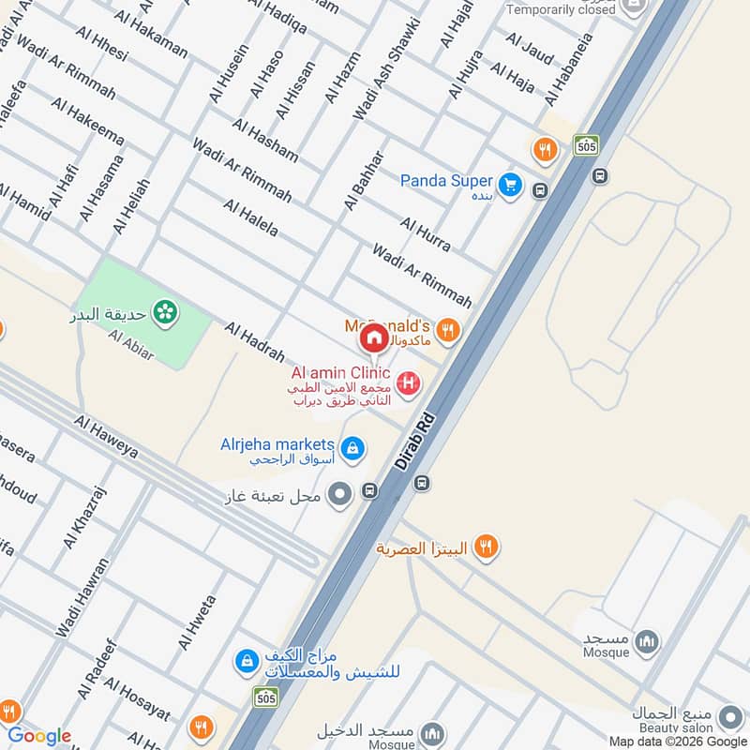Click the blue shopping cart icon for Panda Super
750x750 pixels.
510,185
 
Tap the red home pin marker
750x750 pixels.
374,337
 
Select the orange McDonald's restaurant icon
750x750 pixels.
447,329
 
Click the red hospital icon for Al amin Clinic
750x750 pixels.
408,382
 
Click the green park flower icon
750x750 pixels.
166,311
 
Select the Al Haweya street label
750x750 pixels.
106,437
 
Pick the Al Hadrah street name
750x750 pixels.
254,341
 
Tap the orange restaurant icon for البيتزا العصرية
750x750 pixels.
485,546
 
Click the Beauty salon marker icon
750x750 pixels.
729,718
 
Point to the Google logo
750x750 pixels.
39,736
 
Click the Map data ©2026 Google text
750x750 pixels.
675,741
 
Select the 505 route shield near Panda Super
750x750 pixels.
587,145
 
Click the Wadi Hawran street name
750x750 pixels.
82,597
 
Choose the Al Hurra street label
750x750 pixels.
425,233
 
